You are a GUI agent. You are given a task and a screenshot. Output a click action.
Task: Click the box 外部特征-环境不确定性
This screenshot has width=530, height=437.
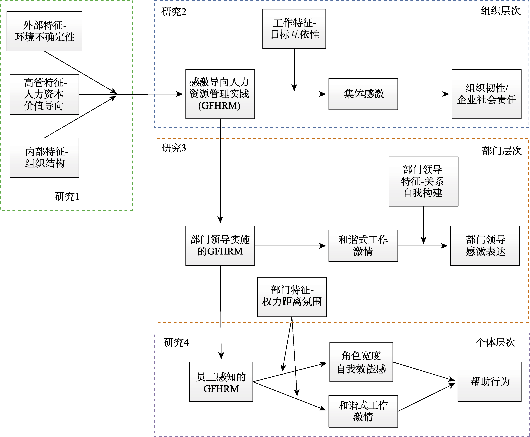click(44, 31)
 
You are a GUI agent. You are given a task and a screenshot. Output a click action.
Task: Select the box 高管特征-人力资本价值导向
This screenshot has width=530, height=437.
click(44, 94)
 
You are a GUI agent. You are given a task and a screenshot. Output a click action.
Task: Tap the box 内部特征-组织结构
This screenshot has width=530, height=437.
click(44, 158)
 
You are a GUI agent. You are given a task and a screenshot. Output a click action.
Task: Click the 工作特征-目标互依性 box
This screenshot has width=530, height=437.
click(294, 29)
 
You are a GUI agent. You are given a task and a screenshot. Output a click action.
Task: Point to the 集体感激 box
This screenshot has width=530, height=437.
click(363, 94)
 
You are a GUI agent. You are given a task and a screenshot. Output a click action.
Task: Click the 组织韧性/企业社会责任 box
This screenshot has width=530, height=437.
click(486, 94)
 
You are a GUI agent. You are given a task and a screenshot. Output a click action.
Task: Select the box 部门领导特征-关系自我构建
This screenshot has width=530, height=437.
click(423, 181)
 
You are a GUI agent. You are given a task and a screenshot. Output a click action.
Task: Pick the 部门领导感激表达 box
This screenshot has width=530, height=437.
click(485, 245)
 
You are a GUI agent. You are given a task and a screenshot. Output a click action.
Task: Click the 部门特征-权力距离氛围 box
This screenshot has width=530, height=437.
click(292, 297)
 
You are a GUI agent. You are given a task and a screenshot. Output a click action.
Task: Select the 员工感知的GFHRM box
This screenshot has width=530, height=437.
click(221, 382)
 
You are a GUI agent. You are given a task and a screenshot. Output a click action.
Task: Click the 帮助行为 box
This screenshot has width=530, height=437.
click(489, 382)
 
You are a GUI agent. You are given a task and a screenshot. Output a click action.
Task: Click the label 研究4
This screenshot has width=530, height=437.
click(176, 343)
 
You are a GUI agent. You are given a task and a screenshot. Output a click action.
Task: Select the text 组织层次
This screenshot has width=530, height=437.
click(500, 11)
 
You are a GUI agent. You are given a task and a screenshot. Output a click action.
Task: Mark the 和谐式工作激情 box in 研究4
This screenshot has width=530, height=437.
click(363, 411)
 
